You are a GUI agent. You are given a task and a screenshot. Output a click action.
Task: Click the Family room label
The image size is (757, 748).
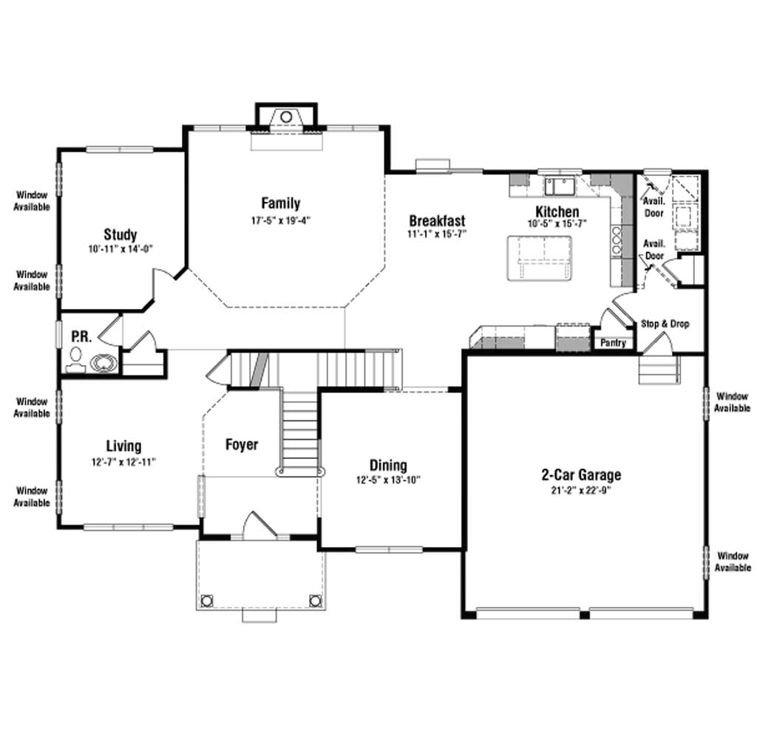pyautogui.click(x=280, y=203)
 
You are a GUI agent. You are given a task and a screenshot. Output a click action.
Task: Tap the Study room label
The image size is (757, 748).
pyautogui.click(x=120, y=234)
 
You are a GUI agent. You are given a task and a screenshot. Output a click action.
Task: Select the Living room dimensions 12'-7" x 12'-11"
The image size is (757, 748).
pyautogui.click(x=123, y=462)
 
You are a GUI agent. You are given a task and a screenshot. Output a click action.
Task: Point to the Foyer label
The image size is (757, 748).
pyautogui.click(x=242, y=444)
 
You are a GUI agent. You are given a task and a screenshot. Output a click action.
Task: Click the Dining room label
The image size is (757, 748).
pyautogui.click(x=388, y=465)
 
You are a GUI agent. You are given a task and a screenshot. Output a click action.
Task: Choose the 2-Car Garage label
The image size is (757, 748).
pyautogui.click(x=581, y=475)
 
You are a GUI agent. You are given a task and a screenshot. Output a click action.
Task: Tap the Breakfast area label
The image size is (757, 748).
pyautogui.click(x=438, y=221)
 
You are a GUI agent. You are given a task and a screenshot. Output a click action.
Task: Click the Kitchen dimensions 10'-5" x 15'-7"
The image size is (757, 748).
pyautogui.click(x=557, y=223)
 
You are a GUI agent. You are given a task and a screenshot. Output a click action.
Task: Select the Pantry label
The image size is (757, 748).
pyautogui.click(x=613, y=343)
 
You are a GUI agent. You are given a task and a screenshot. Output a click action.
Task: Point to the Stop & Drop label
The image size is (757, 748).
pyautogui.click(x=665, y=324)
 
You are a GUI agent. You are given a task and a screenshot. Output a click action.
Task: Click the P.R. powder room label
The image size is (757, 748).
pyautogui.click(x=81, y=336)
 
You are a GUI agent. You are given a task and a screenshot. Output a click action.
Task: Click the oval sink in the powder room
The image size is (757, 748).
pyautogui.click(x=103, y=364)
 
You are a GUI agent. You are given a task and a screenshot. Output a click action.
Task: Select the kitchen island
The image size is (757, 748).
pyautogui.click(x=540, y=258)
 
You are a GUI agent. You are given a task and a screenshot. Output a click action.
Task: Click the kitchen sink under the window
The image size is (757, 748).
pyautogui.click(x=560, y=186)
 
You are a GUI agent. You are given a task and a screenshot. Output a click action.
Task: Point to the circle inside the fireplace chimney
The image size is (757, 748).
pyautogui.click(x=286, y=117)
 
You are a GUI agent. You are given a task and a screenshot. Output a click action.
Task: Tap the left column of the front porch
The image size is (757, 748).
pyautogui.click(x=207, y=601)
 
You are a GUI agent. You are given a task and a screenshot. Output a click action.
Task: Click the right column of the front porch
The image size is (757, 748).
pyautogui.click(x=315, y=601)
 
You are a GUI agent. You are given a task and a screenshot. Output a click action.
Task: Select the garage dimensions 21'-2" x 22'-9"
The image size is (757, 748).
pyautogui.click(x=581, y=490)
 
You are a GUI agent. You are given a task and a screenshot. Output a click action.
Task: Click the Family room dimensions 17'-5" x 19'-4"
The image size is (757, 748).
pyautogui.click(x=280, y=220)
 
